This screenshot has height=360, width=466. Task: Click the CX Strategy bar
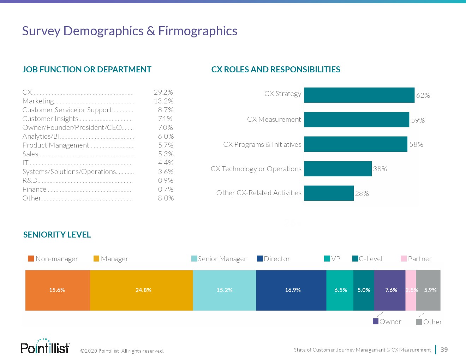click(x=359, y=95)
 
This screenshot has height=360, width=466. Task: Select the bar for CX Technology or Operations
click(x=338, y=169)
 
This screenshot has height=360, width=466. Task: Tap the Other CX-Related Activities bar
click(x=329, y=193)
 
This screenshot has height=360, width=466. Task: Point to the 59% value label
click(x=418, y=120)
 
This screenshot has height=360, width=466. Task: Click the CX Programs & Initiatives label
click(x=262, y=144)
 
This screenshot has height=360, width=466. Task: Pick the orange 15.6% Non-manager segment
click(x=58, y=290)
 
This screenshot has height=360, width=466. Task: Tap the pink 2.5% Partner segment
click(x=411, y=290)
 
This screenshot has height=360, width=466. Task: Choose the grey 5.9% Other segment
click(x=428, y=290)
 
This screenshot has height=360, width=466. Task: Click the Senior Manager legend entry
click(x=219, y=259)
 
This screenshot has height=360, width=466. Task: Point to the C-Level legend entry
click(x=368, y=259)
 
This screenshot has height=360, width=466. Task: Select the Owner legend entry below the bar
click(x=387, y=322)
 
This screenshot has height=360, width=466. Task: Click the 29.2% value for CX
click(x=163, y=92)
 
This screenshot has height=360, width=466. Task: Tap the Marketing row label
click(x=38, y=101)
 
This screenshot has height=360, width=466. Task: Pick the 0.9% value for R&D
click(x=166, y=180)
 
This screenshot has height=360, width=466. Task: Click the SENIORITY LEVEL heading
click(x=57, y=235)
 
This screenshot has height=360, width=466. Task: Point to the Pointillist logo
click(x=45, y=347)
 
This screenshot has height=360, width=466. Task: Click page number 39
click(x=444, y=349)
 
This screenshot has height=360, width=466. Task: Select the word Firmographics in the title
click(x=198, y=31)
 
